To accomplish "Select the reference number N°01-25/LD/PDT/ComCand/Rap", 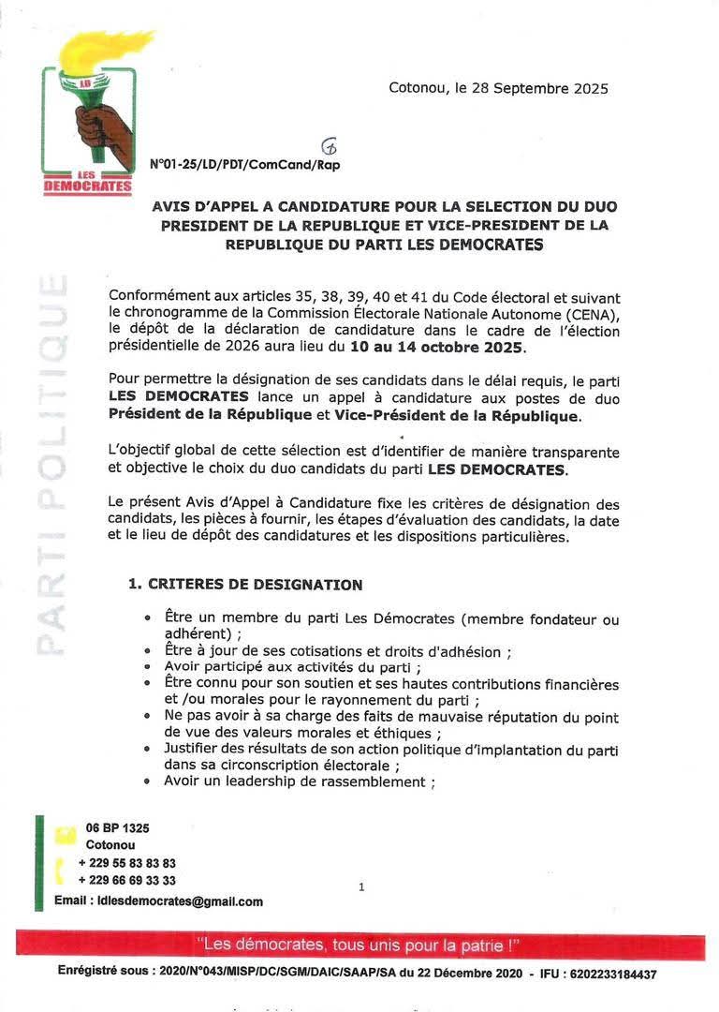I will click(244, 164).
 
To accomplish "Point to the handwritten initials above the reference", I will click(329, 146).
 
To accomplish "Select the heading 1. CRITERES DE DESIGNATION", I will click(244, 585).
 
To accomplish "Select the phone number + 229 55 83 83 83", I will click(127, 863).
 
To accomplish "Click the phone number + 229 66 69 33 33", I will click(127, 881).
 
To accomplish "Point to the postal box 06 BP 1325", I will click(117, 828).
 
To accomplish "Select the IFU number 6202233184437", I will click(610, 975).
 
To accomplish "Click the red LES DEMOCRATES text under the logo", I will click(88, 183).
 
